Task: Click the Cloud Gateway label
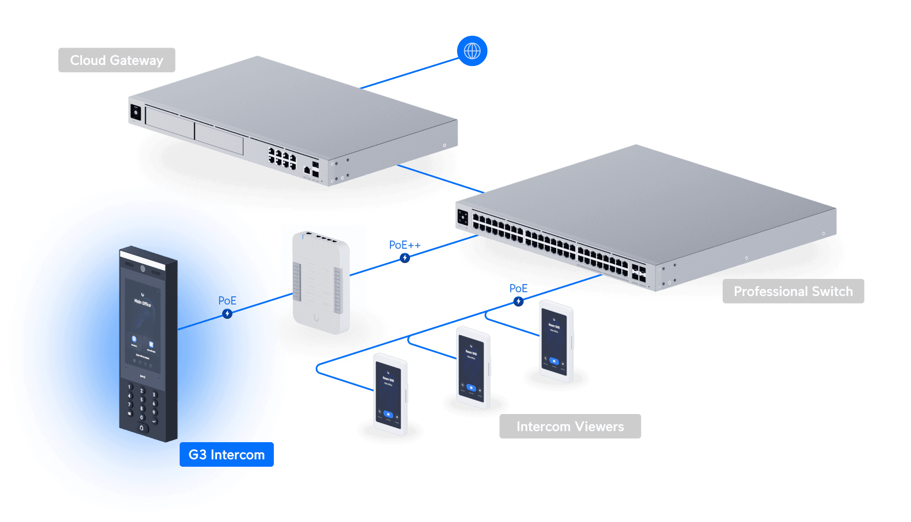(117, 60)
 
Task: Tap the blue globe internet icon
(472, 51)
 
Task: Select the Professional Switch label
(793, 291)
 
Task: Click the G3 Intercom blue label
(226, 454)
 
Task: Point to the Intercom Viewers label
(570, 426)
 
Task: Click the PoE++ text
(404, 245)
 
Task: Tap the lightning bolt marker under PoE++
(405, 258)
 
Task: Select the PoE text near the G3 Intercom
(227, 300)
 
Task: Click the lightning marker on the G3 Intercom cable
(227, 314)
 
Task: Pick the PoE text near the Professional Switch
(518, 289)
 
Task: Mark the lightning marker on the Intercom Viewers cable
(518, 301)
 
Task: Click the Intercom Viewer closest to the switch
(556, 340)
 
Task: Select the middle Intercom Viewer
(472, 367)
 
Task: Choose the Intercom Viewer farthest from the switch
(389, 394)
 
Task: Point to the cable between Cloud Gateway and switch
(440, 179)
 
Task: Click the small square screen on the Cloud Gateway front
(136, 112)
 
